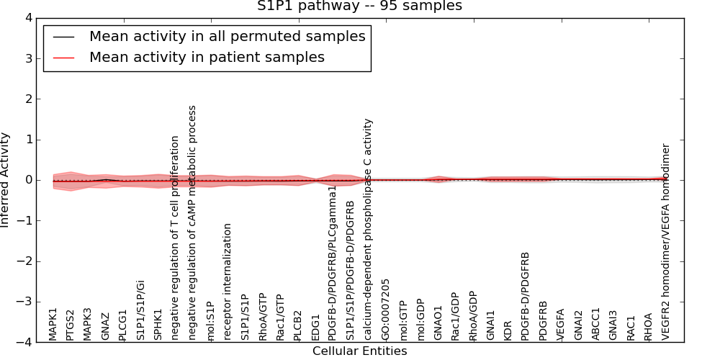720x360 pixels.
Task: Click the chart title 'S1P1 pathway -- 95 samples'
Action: coord(359,6)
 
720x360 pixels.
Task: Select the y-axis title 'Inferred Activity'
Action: coord(6,180)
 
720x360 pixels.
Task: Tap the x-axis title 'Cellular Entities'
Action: coord(359,351)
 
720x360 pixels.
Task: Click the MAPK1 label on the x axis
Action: coord(53,324)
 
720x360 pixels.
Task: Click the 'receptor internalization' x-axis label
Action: coord(228,282)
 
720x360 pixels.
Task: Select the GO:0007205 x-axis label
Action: coord(386,310)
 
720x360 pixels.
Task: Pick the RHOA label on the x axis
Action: coord(649,326)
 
